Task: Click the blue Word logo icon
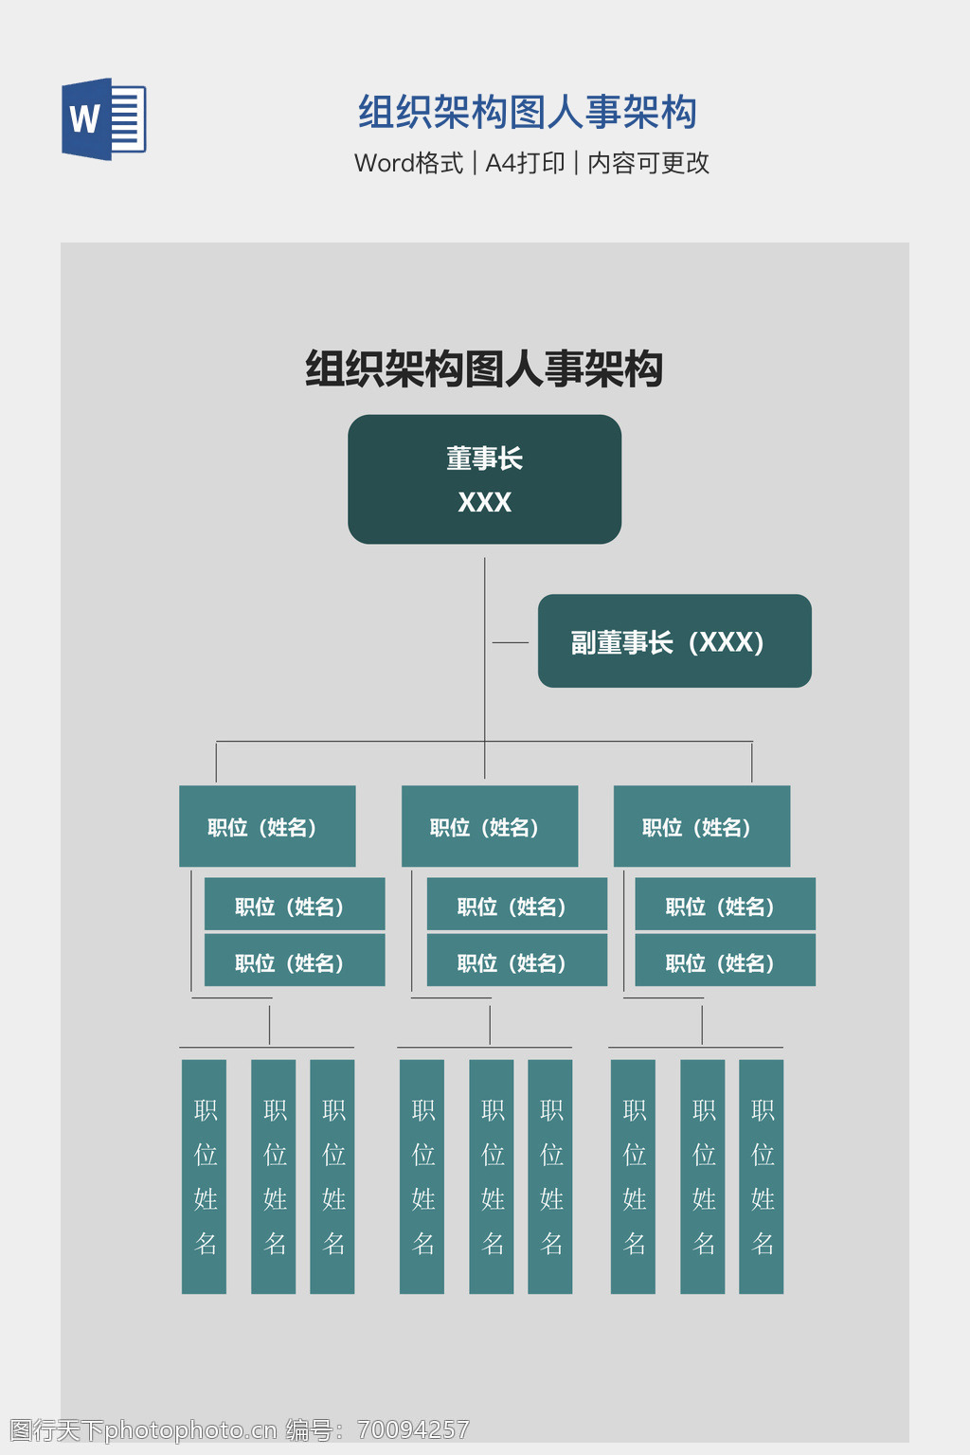[x=103, y=119]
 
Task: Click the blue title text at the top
[x=527, y=113]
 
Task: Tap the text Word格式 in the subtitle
[x=408, y=163]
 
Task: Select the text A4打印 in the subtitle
[x=525, y=163]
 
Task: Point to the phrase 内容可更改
[x=648, y=163]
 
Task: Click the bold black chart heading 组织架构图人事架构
[x=483, y=368]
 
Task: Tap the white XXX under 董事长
[x=484, y=502]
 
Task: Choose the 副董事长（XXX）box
[x=674, y=641]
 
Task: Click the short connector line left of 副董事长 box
[x=511, y=642]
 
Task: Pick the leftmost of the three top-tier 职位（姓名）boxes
[x=267, y=826]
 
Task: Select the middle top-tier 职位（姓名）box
[x=490, y=826]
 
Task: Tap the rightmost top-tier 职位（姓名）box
[x=701, y=826]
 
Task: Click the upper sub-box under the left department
[x=295, y=905]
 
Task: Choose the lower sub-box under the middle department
[x=516, y=961]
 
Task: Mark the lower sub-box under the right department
[x=725, y=961]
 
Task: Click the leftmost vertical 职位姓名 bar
[x=205, y=1176]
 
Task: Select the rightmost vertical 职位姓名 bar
[x=762, y=1176]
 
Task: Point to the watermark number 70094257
[x=413, y=1429]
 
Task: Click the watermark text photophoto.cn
[x=190, y=1429]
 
